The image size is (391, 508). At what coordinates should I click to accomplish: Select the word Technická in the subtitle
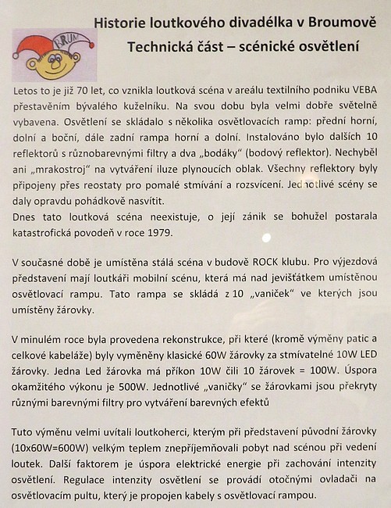coord(160,47)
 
